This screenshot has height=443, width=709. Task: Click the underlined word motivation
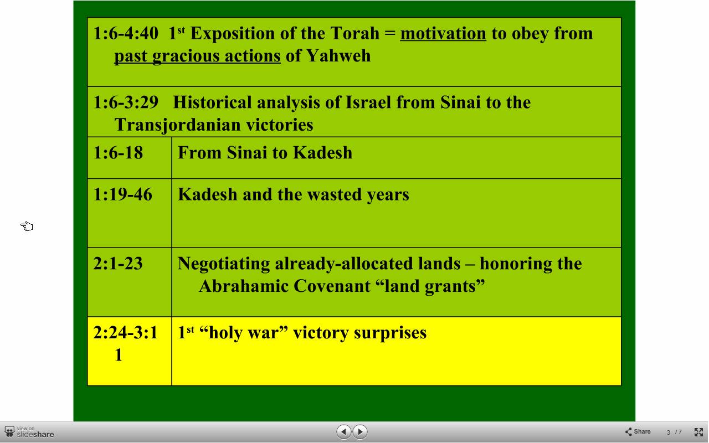tap(443, 34)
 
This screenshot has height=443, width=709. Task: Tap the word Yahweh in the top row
tap(338, 56)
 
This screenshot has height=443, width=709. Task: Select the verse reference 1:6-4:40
tap(126, 33)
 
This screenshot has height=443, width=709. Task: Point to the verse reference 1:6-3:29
tap(126, 102)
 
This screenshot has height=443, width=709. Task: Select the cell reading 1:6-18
tap(130, 158)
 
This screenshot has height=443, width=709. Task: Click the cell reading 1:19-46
tap(130, 213)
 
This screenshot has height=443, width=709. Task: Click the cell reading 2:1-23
tap(130, 282)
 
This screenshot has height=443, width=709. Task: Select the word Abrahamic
tap(244, 286)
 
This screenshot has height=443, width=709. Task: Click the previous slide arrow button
tap(344, 431)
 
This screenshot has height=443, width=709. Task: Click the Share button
tap(638, 431)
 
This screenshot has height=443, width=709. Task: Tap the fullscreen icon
tap(698, 432)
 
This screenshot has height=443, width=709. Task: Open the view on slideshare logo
tap(29, 432)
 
